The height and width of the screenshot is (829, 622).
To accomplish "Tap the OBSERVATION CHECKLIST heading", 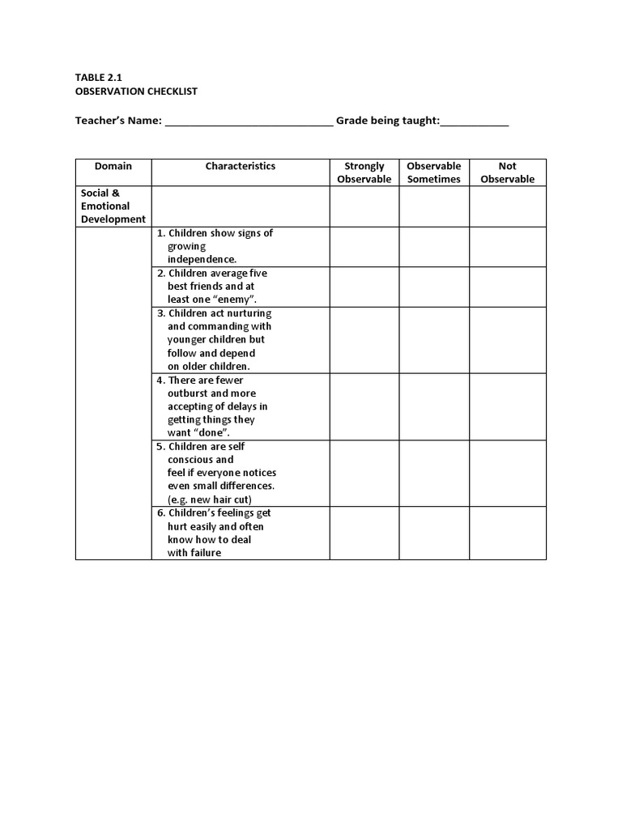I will point(136,91).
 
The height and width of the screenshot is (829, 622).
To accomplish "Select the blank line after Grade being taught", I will point(475,121).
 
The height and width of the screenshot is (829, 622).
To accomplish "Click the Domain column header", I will point(113,166).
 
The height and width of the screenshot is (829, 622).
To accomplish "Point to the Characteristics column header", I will point(241,166).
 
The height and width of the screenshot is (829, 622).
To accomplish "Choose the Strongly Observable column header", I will point(364,172).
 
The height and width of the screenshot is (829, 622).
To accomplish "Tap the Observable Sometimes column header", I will point(434,172).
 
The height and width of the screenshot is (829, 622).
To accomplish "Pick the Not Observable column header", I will point(508,172).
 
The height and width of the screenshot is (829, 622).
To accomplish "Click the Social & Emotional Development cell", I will point(113,206).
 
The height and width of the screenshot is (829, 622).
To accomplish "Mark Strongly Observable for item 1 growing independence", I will point(364,246).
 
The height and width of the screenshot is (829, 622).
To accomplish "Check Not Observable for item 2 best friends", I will point(508,287).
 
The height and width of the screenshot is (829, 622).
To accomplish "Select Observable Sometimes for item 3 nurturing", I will point(434,340).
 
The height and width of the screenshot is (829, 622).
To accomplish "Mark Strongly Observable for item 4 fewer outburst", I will point(364,406).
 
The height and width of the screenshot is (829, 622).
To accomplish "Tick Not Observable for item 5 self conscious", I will point(508,473).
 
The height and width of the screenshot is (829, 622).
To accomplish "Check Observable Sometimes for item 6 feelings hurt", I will point(434,533).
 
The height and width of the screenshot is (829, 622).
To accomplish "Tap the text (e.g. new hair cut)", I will point(210,500).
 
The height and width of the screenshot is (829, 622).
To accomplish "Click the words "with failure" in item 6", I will point(194,553).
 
